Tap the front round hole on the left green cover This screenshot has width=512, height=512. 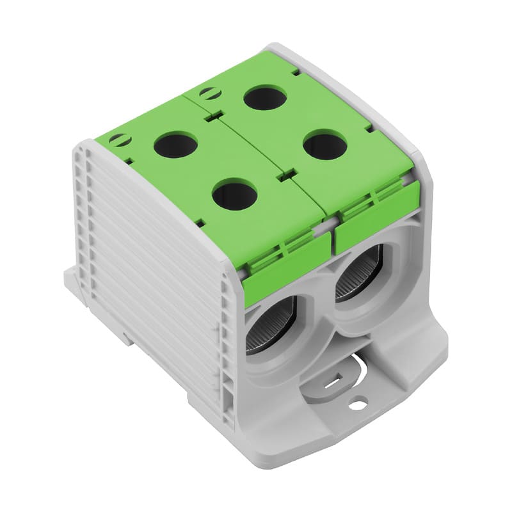[234, 195]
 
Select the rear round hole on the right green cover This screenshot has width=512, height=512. [265, 97]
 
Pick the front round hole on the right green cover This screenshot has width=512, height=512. [325, 145]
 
